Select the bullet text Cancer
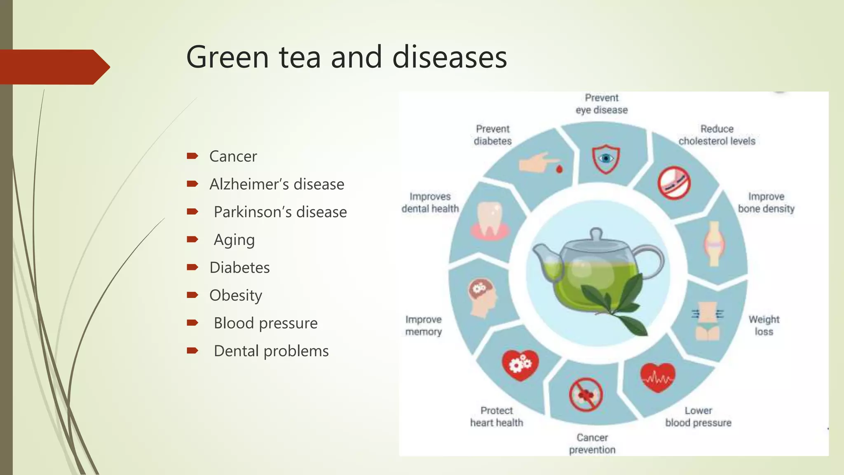(233, 157)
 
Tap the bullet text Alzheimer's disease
(277, 184)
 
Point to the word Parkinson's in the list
(253, 212)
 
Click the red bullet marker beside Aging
(192, 239)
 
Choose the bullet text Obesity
(235, 296)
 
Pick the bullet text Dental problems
(271, 351)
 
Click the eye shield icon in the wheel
(605, 159)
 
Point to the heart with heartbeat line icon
(658, 377)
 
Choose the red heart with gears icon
(520, 364)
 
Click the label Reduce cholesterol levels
(717, 135)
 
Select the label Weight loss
(764, 325)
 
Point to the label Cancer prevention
(592, 443)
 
